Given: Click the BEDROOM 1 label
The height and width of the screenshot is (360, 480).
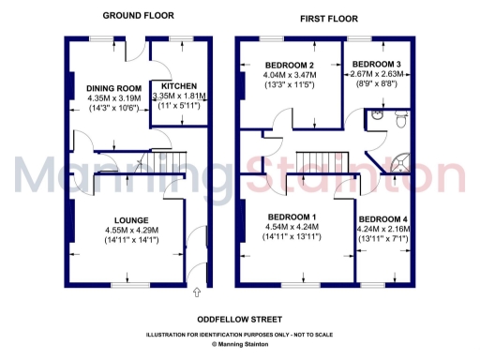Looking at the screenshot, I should (x=292, y=216).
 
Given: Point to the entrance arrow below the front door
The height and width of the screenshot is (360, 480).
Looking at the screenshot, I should (x=196, y=293).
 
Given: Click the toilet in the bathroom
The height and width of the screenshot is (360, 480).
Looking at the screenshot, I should (x=399, y=118).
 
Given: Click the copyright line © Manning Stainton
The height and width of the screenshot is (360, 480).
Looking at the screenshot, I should (x=239, y=343).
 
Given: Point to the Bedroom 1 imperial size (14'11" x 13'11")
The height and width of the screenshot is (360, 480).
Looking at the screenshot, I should (x=292, y=237).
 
